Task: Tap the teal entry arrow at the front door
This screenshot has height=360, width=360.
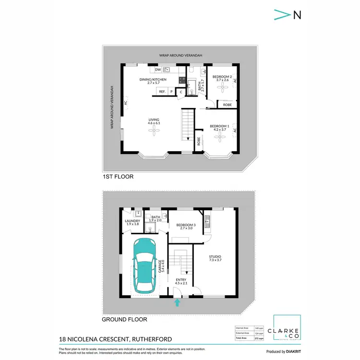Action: pos(178,302)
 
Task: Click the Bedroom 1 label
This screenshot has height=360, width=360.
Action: pos(219,128)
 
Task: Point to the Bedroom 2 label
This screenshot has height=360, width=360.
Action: pos(222,78)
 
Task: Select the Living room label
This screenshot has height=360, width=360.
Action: pos(153,121)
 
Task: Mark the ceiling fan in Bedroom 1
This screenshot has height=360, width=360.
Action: pos(219,138)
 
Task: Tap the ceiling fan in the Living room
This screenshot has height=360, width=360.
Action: pos(153,135)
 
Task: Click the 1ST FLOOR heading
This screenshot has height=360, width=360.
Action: pos(118,177)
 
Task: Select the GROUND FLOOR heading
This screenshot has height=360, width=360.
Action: pos(124,319)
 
